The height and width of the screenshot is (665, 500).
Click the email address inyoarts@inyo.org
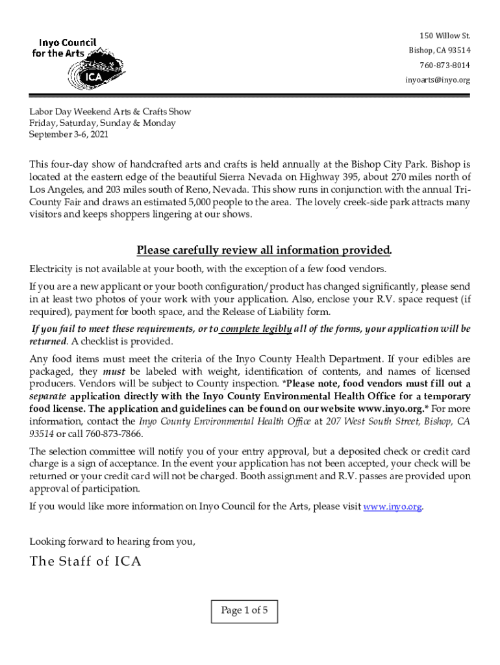[438, 81]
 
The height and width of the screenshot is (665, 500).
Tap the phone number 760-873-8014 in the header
[445, 66]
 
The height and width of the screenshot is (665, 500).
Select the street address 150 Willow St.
[444, 35]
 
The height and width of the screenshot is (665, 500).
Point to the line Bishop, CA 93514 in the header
[440, 51]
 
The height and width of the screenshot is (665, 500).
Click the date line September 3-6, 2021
[68, 134]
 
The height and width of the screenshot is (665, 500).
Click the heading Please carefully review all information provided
[264, 251]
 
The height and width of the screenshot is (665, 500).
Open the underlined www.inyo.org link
[393, 507]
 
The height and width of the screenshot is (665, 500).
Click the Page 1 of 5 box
[249, 610]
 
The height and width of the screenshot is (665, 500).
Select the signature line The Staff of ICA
[85, 562]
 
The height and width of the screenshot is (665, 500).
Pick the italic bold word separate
[47, 396]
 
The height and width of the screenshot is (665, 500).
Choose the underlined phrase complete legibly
[256, 329]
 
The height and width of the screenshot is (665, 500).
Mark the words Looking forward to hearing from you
[112, 540]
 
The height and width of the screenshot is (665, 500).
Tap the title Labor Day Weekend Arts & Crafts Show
[110, 112]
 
